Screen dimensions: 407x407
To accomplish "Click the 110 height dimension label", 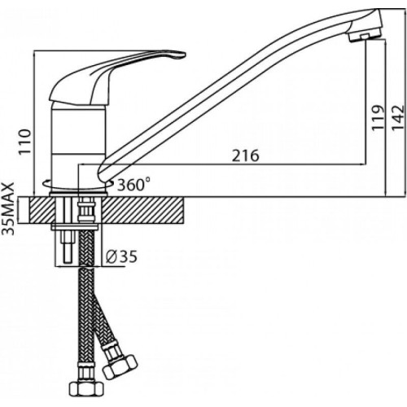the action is pos(24,142).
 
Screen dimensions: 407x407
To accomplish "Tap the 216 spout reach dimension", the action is pos(246,155).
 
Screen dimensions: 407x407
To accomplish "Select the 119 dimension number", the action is pos(378,118).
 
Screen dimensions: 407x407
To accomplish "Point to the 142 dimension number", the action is pos(398,118).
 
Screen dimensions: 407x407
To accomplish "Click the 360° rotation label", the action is pos(133,185).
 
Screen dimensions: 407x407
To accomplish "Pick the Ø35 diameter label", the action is pos(121,256).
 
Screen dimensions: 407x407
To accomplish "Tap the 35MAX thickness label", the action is pos(8,209).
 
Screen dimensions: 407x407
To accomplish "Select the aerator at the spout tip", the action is pos(365,36).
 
